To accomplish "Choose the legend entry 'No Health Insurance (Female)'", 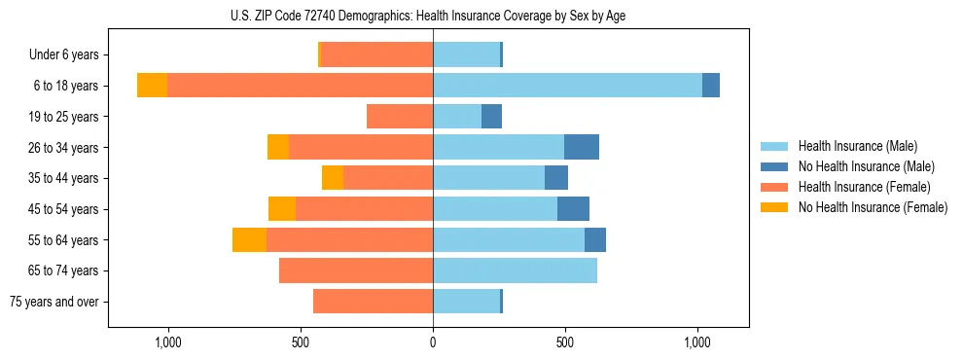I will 873,207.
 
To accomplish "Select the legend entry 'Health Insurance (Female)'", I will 864,187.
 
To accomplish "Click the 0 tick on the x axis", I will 433,342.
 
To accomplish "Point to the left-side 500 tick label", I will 301,342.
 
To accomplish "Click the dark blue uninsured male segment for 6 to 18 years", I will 711,86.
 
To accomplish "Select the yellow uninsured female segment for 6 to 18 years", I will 152,86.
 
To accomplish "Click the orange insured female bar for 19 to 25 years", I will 400,117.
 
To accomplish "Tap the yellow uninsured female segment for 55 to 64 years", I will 249,240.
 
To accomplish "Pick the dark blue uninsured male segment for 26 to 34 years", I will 582,147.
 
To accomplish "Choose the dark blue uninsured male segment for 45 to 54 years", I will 573,209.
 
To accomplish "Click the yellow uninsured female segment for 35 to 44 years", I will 333,178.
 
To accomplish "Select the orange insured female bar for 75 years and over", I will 373,302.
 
